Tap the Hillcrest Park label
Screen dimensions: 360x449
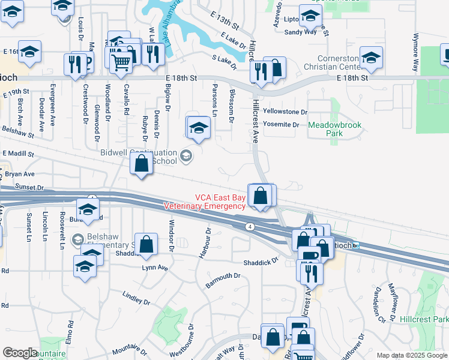pos(424,320)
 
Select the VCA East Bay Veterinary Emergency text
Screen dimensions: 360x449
pos(204,201)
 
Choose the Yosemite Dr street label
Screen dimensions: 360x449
pos(281,125)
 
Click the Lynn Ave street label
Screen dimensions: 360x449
pos(154,268)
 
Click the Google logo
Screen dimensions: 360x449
pos(20,353)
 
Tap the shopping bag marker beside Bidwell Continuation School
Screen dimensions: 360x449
pos(141,164)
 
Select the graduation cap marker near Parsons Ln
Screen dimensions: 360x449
pos(199,127)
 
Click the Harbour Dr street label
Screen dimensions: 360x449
pos(204,243)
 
